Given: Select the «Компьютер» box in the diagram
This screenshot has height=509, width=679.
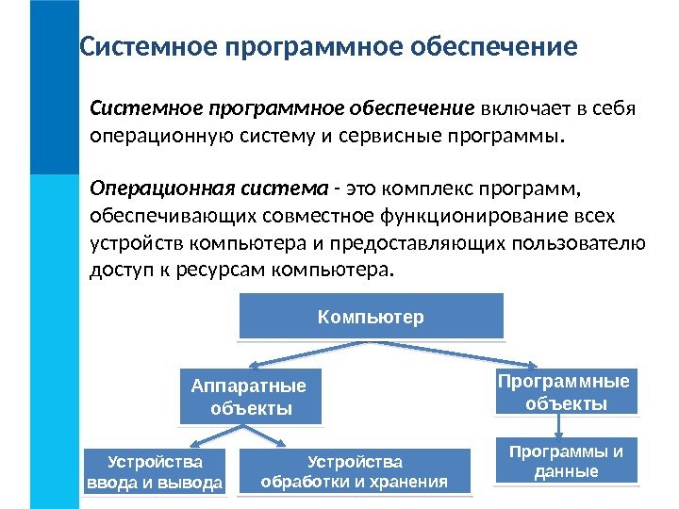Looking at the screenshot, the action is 371,317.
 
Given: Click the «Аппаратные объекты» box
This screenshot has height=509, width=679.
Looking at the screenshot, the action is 250,397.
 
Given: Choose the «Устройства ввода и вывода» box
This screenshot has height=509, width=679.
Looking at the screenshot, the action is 155,472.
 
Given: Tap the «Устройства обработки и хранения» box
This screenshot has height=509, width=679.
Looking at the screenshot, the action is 355,472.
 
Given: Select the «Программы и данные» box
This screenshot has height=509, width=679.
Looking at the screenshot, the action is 566,461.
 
